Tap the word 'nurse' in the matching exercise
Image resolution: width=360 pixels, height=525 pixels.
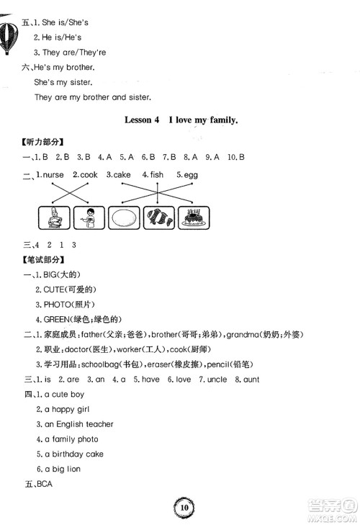[x=53, y=175]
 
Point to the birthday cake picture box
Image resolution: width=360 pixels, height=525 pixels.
[x=192, y=217]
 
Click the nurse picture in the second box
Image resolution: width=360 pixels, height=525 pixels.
[x=88, y=217]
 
